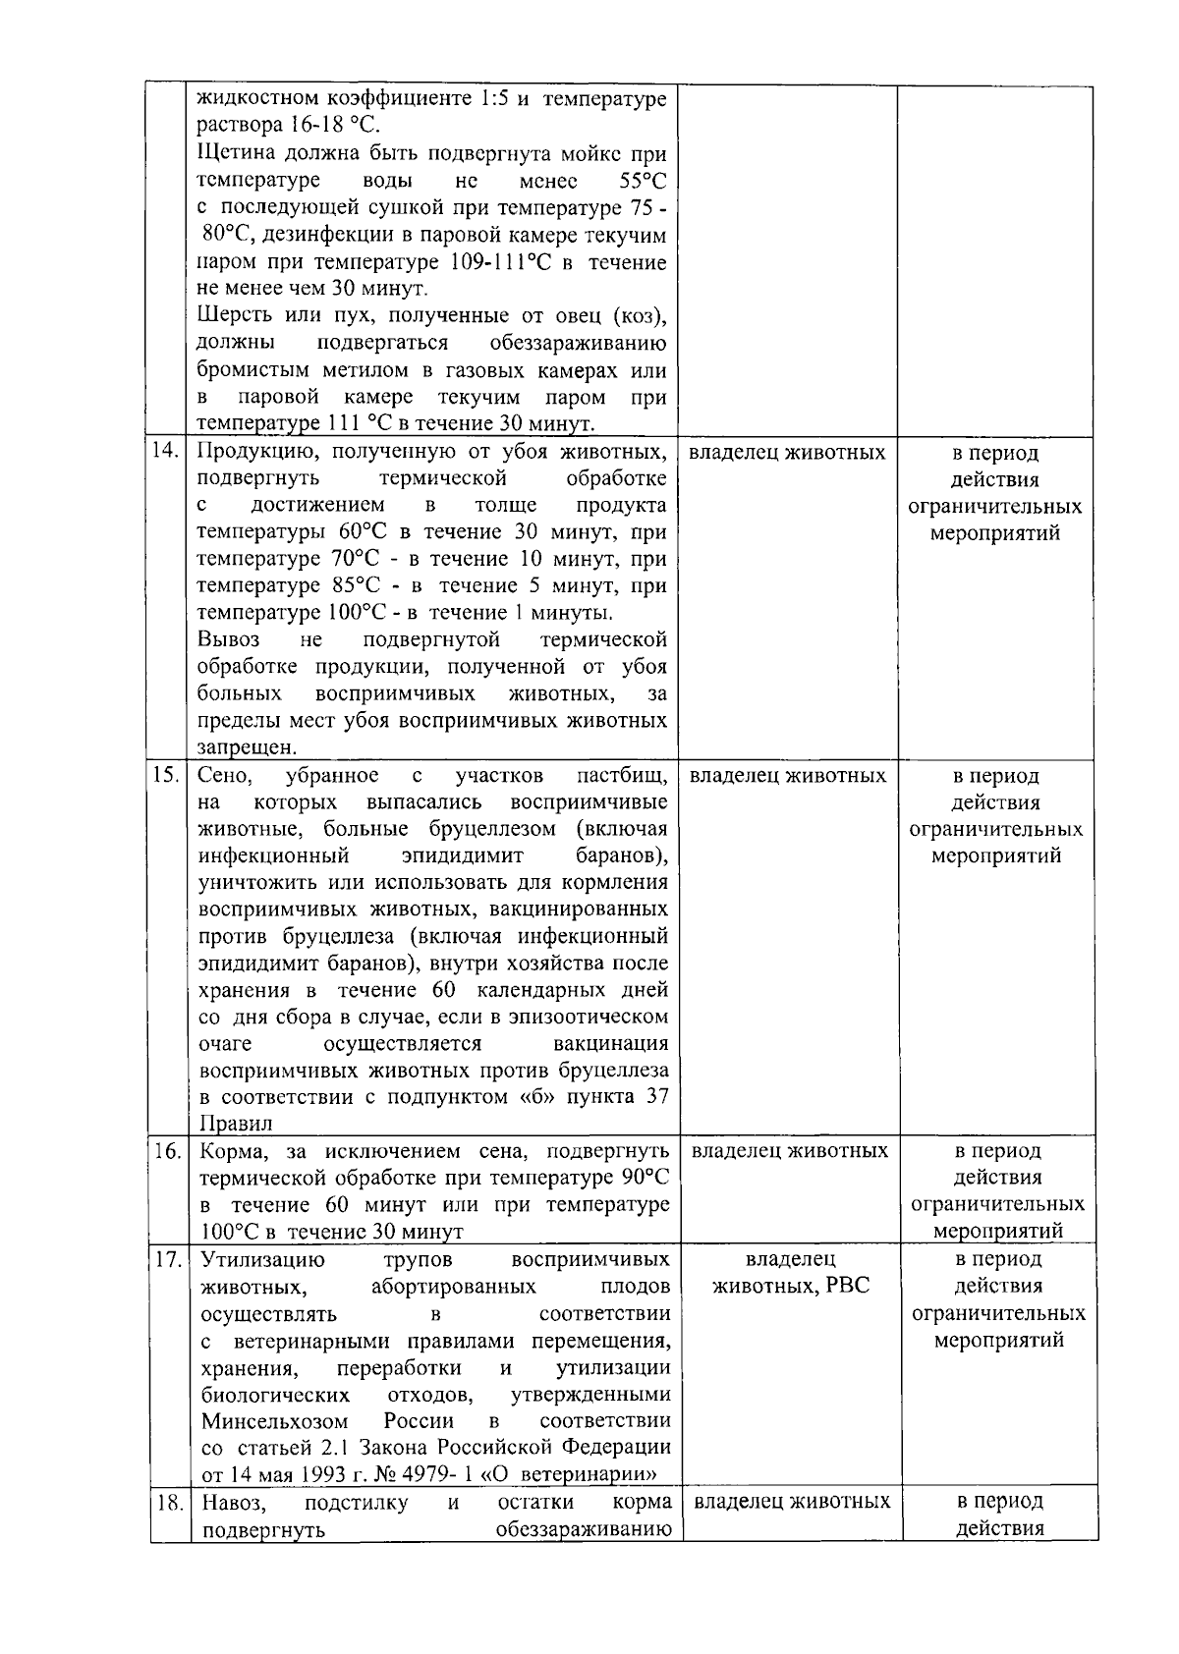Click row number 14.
tap(166, 452)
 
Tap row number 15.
tap(166, 775)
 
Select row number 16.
tap(167, 1151)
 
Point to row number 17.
tap(167, 1259)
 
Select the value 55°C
tap(643, 182)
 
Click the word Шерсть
tap(230, 316)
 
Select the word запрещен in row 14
tap(233, 747)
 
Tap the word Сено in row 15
tap(224, 775)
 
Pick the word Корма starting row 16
tap(230, 1151)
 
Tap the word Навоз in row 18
tap(231, 1502)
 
